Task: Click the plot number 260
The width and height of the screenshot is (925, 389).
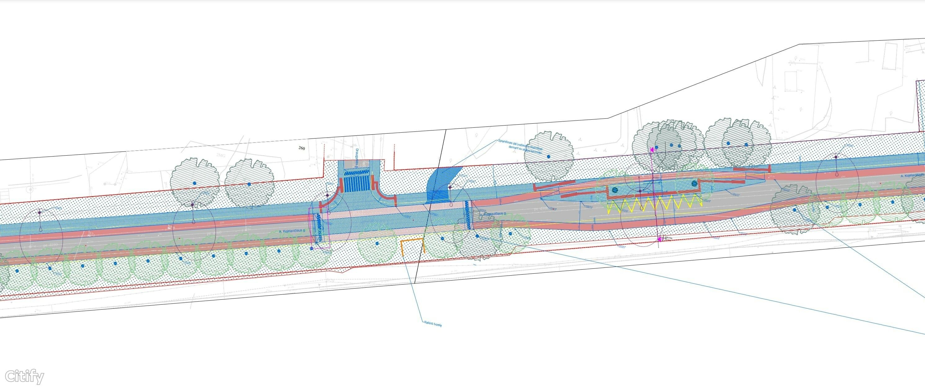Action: (x=301, y=148)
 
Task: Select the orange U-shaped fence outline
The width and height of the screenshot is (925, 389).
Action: (x=413, y=247)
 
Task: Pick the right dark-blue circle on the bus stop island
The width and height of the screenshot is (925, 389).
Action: (x=694, y=183)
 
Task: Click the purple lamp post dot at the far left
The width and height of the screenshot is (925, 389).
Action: (x=39, y=213)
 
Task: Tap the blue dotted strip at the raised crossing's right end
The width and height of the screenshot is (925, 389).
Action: (x=467, y=214)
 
